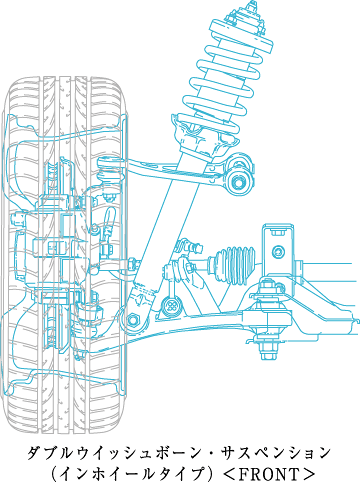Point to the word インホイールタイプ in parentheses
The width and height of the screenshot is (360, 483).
133,474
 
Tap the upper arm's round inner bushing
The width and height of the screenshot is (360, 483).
240,182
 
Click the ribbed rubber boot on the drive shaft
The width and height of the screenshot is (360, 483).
233,265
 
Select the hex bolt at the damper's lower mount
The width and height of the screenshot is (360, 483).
133,320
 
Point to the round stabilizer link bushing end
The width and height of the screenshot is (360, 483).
171,305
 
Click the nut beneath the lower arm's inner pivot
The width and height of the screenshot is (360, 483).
268,352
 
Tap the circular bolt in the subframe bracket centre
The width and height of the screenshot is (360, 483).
278,251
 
